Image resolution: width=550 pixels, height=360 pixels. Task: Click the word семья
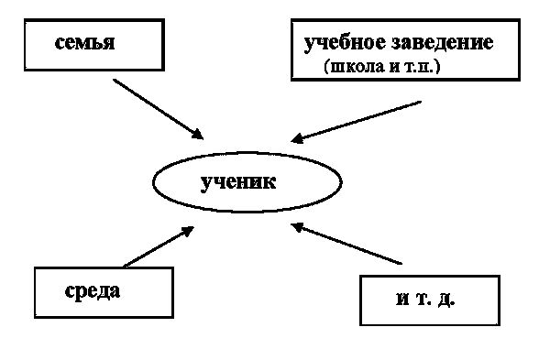pyautogui.click(x=84, y=42)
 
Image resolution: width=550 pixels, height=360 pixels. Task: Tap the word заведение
pyautogui.click(x=443, y=42)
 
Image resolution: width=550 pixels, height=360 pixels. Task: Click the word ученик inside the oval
pyautogui.click(x=237, y=181)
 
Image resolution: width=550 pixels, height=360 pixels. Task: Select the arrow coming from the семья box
pyautogui.click(x=158, y=108)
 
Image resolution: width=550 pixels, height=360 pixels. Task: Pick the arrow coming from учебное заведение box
pyautogui.click(x=357, y=121)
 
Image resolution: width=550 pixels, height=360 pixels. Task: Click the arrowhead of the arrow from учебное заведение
pyautogui.click(x=297, y=140)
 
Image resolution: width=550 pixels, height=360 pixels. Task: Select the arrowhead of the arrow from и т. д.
pyautogui.click(x=296, y=225)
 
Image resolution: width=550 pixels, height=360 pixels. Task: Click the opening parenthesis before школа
pyautogui.click(x=328, y=68)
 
